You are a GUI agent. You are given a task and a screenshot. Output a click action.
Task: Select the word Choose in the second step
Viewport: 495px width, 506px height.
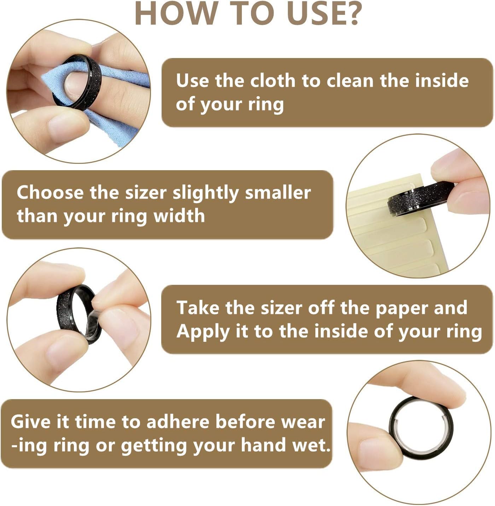tap(50, 192)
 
